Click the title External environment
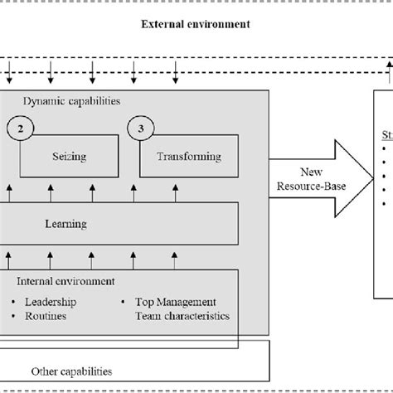click(196, 24)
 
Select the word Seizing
click(70, 156)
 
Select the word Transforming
click(190, 156)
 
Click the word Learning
click(66, 223)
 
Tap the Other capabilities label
click(70, 371)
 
